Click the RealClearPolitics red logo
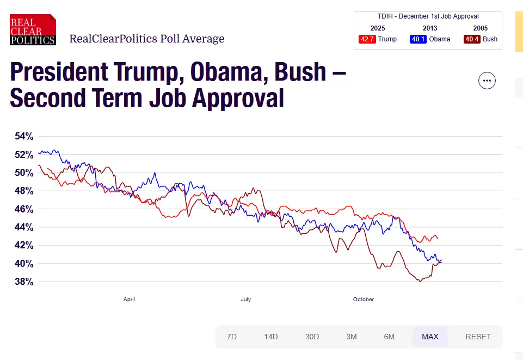(x=33, y=29)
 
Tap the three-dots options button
(x=487, y=81)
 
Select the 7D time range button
(x=232, y=337)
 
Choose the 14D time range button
(x=271, y=337)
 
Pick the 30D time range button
(x=312, y=337)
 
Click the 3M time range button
(x=352, y=337)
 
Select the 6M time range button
(x=389, y=337)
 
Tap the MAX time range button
(x=430, y=337)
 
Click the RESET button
(x=478, y=337)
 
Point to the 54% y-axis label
(x=24, y=136)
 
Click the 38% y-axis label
(x=24, y=282)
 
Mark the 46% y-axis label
(x=24, y=209)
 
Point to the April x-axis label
(x=129, y=300)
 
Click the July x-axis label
(x=245, y=300)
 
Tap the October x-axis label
(x=364, y=300)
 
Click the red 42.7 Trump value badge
(x=367, y=39)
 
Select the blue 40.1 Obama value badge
(x=418, y=39)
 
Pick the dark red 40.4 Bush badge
(x=472, y=39)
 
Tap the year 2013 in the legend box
(x=430, y=28)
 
